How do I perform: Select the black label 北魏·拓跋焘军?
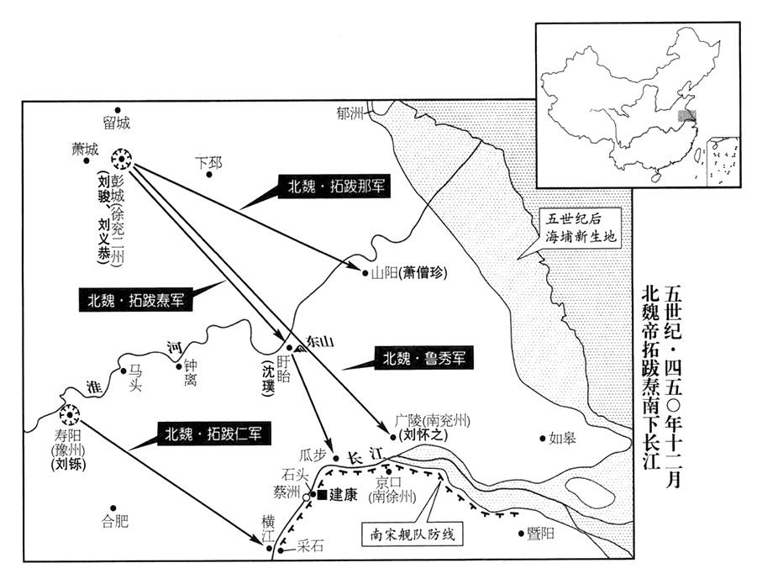click(135, 300)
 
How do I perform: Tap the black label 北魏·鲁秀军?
click(423, 359)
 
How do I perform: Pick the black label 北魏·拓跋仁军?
click(213, 434)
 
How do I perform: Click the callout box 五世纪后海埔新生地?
click(581, 228)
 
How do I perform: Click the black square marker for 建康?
click(322, 496)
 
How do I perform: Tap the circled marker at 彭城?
click(122, 159)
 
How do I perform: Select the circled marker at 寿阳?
click(70, 415)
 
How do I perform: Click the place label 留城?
click(117, 123)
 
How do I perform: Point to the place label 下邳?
click(208, 162)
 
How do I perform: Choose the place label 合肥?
click(115, 522)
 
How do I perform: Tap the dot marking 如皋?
click(543, 439)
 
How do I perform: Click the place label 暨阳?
click(541, 534)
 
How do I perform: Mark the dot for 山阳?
click(365, 273)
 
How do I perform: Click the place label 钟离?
click(190, 372)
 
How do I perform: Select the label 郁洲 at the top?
click(349, 113)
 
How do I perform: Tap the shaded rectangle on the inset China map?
click(687, 115)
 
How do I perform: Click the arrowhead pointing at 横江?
click(257, 539)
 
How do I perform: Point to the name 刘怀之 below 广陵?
click(423, 435)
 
